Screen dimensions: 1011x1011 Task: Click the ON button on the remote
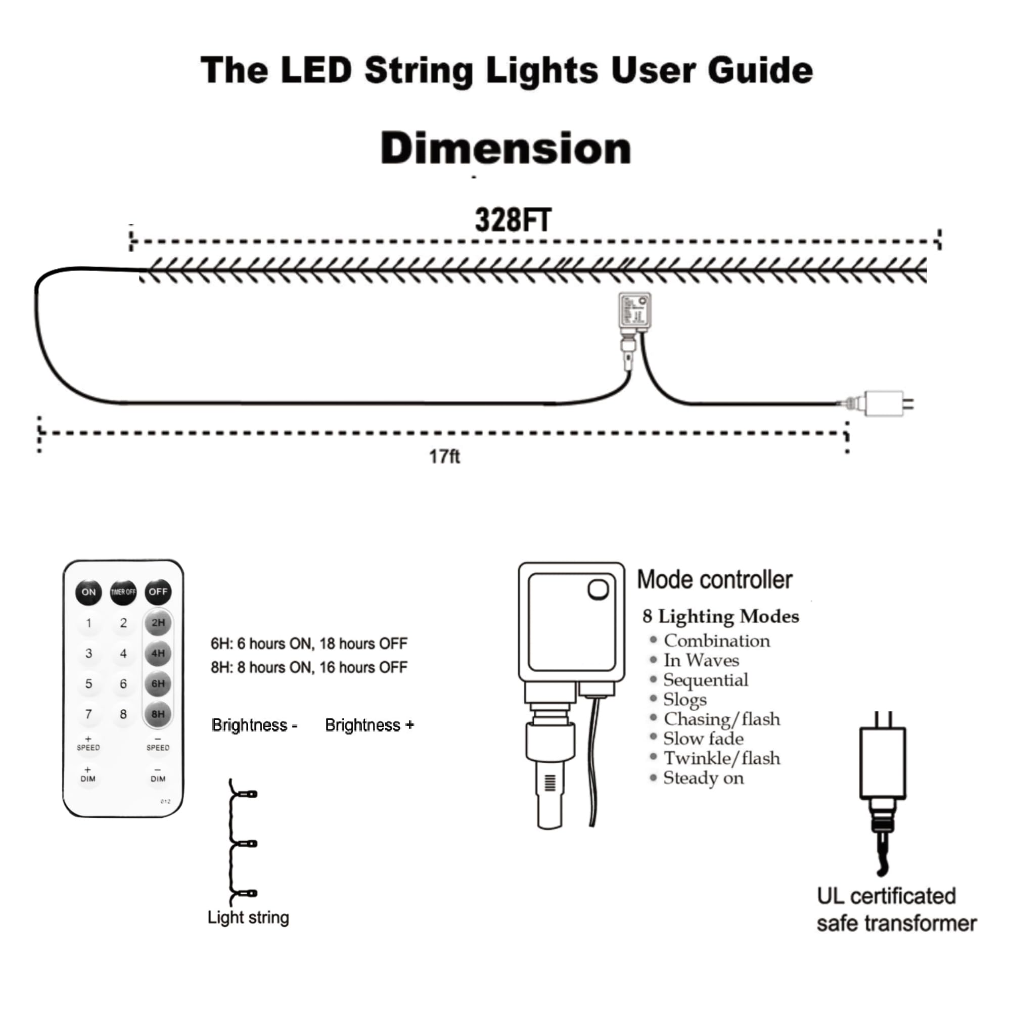(x=88, y=592)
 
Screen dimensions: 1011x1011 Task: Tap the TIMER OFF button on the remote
(x=123, y=592)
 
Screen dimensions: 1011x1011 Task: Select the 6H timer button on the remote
(x=158, y=683)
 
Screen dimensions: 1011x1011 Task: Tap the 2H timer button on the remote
(x=158, y=623)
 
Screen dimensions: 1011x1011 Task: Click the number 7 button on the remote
(x=88, y=714)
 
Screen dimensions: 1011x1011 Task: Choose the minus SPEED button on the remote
(x=158, y=744)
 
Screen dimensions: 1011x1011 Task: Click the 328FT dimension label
(x=512, y=220)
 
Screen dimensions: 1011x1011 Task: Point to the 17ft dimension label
(x=444, y=457)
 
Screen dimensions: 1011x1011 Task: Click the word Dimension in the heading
(x=505, y=148)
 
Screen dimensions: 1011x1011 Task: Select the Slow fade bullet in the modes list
(x=703, y=739)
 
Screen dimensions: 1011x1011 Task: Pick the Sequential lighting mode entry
(x=705, y=680)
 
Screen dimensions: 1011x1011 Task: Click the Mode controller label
(x=714, y=580)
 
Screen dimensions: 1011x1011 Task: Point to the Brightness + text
(x=370, y=725)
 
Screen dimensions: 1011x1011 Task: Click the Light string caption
(x=248, y=917)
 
